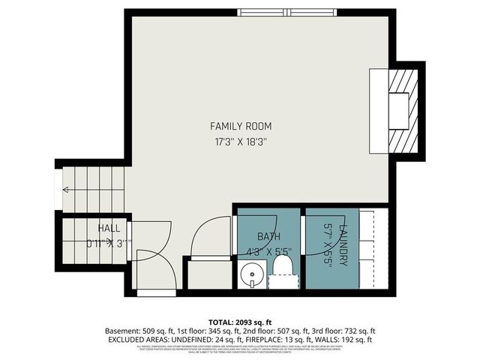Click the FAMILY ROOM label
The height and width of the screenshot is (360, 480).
pyautogui.click(x=241, y=126)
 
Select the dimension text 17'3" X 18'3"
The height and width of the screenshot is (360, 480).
pyautogui.click(x=241, y=140)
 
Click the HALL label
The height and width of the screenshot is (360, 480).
pyautogui.click(x=108, y=228)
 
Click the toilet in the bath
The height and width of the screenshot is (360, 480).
pyautogui.click(x=282, y=271)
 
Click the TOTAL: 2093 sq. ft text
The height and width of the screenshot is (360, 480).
pyautogui.click(x=240, y=321)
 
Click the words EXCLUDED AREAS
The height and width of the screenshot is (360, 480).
pyautogui.click(x=136, y=340)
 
